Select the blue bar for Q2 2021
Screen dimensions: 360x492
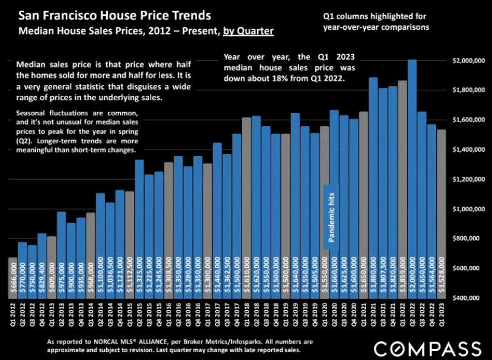click(373, 182)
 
